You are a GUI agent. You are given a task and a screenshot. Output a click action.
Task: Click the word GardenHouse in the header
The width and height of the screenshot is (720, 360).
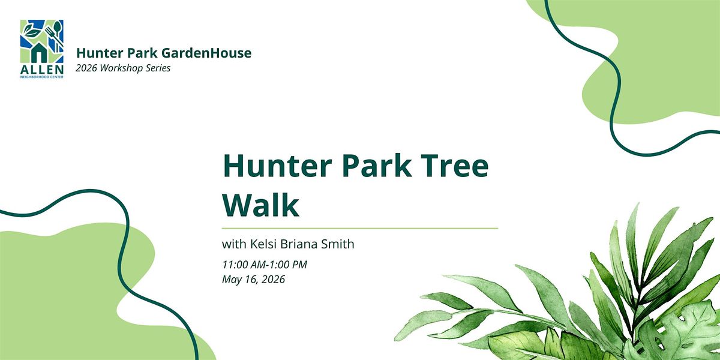click(206, 53)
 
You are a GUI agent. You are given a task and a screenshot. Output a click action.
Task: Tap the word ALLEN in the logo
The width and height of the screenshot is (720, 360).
click(42, 70)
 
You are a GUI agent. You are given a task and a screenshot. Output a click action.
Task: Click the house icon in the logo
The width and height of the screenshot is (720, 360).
click(39, 52)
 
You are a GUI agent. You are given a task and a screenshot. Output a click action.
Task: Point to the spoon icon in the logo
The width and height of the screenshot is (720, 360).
click(57, 32)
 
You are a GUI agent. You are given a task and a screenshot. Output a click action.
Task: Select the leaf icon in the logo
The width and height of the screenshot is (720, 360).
click(32, 31)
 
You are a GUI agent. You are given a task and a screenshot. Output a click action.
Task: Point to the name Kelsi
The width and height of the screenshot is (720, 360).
click(263, 244)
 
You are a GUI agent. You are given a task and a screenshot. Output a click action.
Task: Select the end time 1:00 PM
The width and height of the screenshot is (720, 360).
click(288, 265)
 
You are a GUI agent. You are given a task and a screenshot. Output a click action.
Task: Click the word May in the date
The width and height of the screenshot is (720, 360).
click(232, 280)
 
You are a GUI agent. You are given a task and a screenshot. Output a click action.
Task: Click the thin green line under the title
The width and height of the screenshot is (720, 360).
click(359, 228)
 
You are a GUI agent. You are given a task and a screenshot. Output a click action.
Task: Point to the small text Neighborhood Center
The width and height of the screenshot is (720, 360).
click(42, 77)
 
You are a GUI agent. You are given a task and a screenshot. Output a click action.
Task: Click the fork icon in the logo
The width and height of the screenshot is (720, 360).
click(52, 36)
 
